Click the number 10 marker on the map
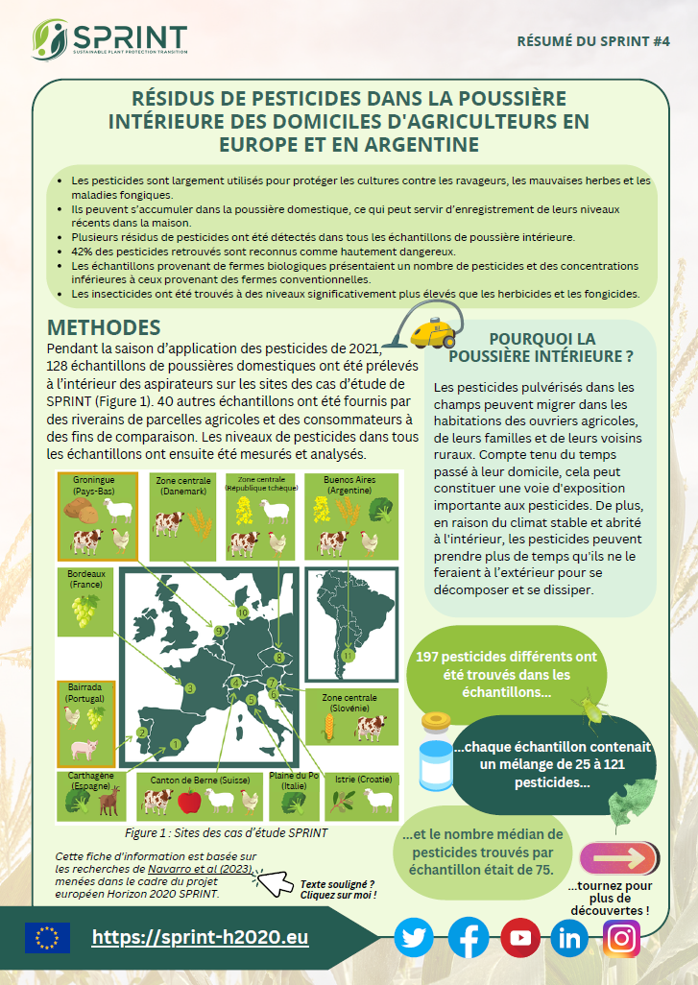tap(242, 612)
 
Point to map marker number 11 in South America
tap(348, 655)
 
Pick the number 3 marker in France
tap(190, 687)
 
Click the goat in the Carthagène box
tap(108, 799)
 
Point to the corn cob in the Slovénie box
tap(326, 728)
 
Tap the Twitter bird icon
tap(414, 938)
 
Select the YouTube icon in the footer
tap(519, 938)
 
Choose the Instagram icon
tap(621, 938)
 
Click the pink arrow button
tap(618, 857)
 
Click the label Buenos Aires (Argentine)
tap(337, 485)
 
